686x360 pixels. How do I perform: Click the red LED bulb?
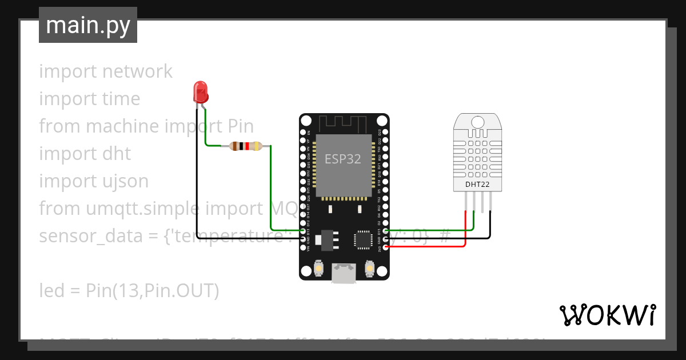[201, 91]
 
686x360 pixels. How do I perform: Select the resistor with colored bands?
[245, 146]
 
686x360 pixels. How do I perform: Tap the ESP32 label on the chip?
[343, 159]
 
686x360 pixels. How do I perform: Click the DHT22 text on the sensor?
[477, 184]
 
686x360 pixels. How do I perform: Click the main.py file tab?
[88, 25]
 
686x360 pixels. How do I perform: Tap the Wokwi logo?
[607, 315]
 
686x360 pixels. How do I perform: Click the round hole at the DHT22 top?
[477, 121]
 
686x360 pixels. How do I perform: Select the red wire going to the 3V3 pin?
[434, 246]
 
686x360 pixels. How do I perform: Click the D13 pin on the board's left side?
[302, 231]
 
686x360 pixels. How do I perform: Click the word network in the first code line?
[137, 71]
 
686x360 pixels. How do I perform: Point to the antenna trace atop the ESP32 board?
[344, 123]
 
